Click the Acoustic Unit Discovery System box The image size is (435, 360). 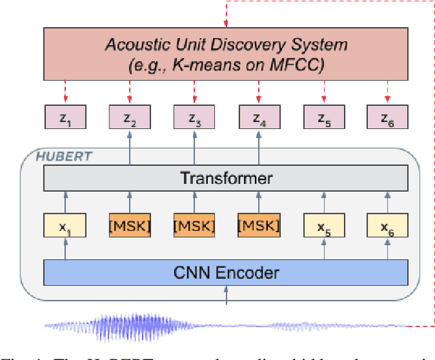(225, 55)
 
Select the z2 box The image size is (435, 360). (128, 119)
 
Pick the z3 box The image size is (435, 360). (193, 119)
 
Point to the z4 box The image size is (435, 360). (258, 119)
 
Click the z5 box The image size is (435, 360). (323, 119)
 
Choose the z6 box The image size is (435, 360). (387, 119)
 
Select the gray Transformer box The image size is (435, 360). (225, 179)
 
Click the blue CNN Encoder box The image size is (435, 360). (225, 273)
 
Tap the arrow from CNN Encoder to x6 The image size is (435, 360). (387, 249)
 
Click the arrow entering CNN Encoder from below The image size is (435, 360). (225, 294)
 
